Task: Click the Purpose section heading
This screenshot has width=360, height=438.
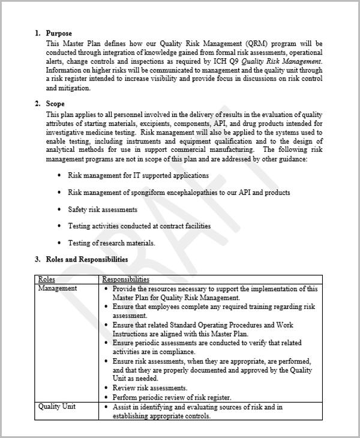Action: pyautogui.click(x=59, y=34)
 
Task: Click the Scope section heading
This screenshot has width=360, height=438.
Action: pyautogui.click(x=55, y=104)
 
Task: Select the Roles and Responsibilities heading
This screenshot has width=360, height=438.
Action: pyautogui.click(x=86, y=259)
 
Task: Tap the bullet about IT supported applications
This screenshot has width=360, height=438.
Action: pyautogui.click(x=138, y=175)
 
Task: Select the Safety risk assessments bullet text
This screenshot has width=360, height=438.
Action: pyautogui.click(x=103, y=209)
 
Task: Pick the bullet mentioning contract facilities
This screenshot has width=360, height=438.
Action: pyautogui.click(x=139, y=226)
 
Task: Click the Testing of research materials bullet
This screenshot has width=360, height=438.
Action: pyautogui.click(x=112, y=243)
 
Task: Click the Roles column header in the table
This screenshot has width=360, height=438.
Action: pyautogui.click(x=47, y=279)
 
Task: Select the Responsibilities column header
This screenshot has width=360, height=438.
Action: pyautogui.click(x=125, y=279)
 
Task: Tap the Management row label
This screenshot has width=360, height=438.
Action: pyautogui.click(x=58, y=288)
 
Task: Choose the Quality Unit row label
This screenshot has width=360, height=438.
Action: pyautogui.click(x=57, y=407)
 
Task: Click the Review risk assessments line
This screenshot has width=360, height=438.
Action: pyautogui.click(x=150, y=388)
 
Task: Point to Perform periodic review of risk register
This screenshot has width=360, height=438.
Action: pyautogui.click(x=172, y=397)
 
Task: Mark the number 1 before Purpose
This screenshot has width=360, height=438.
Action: pyautogui.click(x=37, y=34)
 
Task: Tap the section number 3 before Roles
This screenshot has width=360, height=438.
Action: pyautogui.click(x=37, y=259)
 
